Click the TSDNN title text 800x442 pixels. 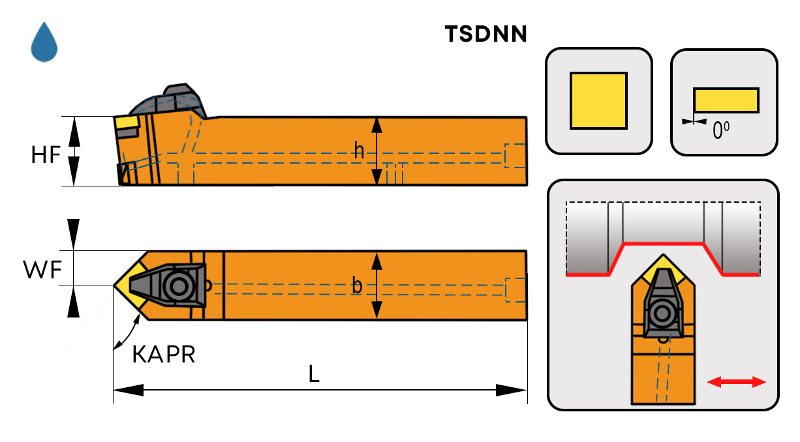point(485,34)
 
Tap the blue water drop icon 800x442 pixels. point(44,42)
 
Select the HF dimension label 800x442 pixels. point(46,155)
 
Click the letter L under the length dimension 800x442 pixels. point(314,374)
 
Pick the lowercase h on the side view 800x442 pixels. point(359,151)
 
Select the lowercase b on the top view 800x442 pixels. point(357,285)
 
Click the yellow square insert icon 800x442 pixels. point(598,100)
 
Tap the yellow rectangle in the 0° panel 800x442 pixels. point(726,100)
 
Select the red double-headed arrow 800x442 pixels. point(737,382)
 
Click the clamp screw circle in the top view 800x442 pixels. point(177,285)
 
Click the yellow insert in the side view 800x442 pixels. point(126,122)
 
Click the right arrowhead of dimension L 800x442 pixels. point(512,390)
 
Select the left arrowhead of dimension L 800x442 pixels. point(128,390)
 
